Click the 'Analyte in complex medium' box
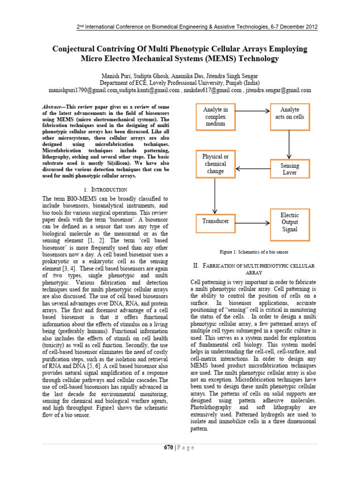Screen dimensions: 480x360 (x=215, y=117)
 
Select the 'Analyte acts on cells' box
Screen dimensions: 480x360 (x=289, y=113)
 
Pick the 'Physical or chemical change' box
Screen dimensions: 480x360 (x=215, y=164)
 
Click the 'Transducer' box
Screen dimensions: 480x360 (x=215, y=221)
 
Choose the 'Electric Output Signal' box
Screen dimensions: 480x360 (x=289, y=223)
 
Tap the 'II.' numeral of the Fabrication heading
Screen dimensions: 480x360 (x=196, y=266)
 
